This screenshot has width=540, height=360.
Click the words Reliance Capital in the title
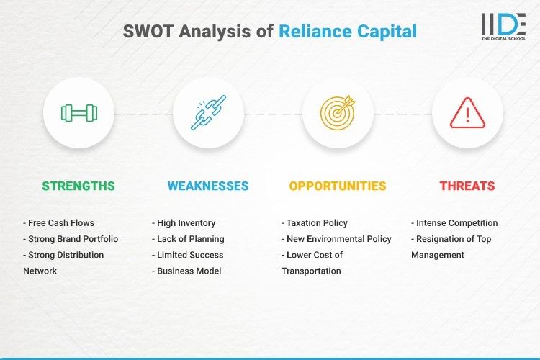tap(348, 32)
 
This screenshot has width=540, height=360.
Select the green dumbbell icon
tap(78, 113)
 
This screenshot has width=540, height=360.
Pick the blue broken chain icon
tap(208, 113)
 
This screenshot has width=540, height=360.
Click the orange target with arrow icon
tap(338, 113)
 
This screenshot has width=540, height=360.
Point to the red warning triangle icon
tap(467, 113)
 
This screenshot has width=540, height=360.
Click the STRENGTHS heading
tap(78, 186)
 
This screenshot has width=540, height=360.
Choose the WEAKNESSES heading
tap(208, 186)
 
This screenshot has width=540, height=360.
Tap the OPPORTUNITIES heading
tap(338, 186)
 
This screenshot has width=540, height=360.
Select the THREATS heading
tap(467, 186)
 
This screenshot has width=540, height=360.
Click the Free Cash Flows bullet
tap(62, 223)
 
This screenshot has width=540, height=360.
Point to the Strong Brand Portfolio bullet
tap(71, 239)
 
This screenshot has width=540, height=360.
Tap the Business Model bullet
tap(187, 271)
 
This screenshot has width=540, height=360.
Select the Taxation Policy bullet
tap(316, 223)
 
